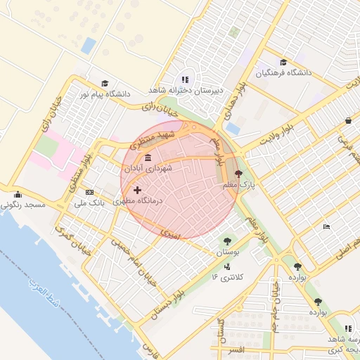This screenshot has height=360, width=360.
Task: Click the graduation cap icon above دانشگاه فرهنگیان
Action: (x=283, y=63)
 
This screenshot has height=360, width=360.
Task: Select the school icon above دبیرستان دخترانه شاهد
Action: (x=185, y=80)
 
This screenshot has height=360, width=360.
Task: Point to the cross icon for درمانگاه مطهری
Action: (x=136, y=190)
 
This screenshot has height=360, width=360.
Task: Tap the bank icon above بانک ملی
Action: (x=89, y=192)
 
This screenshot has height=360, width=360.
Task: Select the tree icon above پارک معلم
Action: (x=238, y=173)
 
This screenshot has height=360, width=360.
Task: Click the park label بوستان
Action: (x=224, y=251)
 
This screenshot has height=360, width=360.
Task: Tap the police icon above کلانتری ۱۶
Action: (x=226, y=266)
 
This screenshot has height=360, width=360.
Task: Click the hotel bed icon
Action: (x=326, y=226)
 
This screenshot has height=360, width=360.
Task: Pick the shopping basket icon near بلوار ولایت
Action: (x=348, y=120)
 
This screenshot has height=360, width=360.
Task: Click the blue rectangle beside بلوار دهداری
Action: (x=233, y=129)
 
